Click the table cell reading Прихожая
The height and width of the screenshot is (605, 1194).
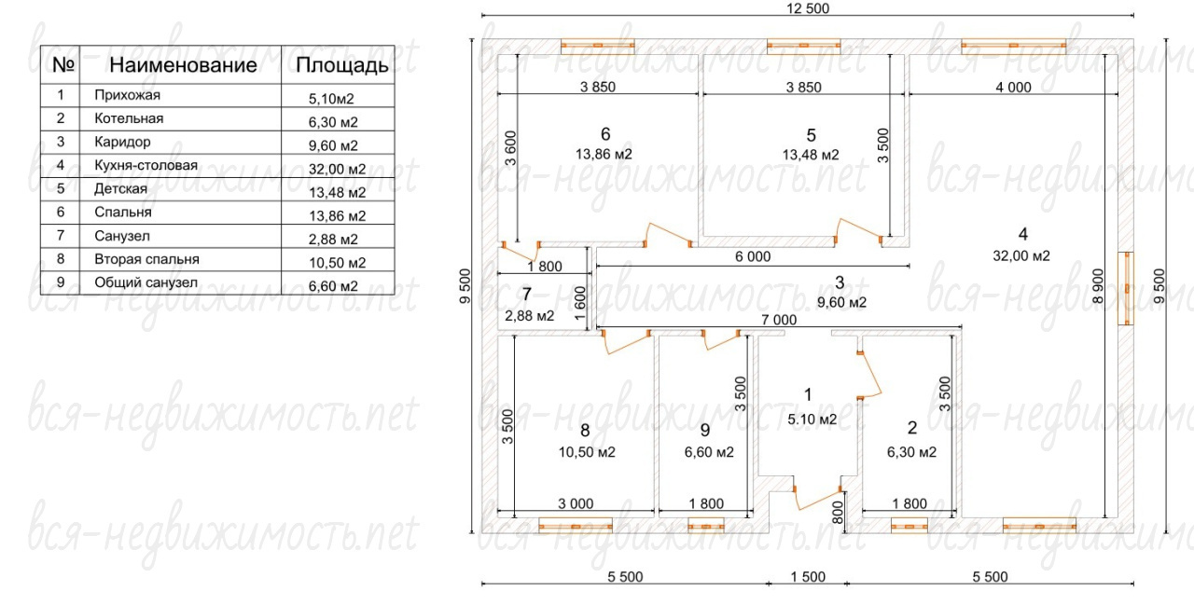tap(127, 95)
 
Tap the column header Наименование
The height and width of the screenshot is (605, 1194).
tap(183, 65)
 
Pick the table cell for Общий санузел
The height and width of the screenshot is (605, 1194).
tap(146, 282)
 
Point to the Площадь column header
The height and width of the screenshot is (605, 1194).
tap(341, 65)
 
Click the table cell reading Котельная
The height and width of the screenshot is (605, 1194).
tap(129, 118)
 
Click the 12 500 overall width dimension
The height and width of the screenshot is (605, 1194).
tap(808, 8)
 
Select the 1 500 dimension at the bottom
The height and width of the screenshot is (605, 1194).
tap(808, 577)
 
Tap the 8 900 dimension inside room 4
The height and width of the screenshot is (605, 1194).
tap(1098, 286)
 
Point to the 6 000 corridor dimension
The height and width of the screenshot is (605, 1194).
tap(753, 256)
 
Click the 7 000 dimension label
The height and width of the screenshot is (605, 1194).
tap(779, 320)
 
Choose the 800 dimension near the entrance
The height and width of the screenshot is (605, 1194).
tap(838, 513)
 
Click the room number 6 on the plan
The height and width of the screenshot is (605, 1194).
tap(605, 133)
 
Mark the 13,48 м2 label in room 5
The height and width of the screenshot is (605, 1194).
tap(811, 155)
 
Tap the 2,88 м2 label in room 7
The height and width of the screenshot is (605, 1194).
tap(529, 316)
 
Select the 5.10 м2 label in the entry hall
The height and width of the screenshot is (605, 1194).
tap(812, 419)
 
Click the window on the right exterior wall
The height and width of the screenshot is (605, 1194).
tap(1126, 288)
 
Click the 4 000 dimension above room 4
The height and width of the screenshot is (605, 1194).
tap(1013, 88)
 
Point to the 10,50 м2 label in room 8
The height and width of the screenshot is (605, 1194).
tap(587, 452)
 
